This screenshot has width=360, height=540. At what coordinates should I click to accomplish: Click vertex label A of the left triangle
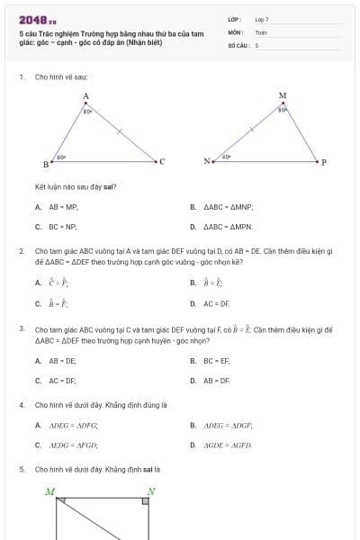(x=85, y=95)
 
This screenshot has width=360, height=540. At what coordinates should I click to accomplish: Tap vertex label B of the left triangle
(x=46, y=165)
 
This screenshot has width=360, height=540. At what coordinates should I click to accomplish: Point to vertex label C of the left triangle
(x=162, y=162)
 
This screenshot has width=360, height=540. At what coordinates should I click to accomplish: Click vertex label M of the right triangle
(x=283, y=95)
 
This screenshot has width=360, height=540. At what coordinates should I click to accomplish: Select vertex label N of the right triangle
(x=206, y=162)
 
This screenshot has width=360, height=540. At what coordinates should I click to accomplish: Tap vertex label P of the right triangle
(x=324, y=162)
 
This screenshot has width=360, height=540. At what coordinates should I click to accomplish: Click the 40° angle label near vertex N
(x=227, y=157)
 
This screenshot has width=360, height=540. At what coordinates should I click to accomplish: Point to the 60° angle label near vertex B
(x=61, y=157)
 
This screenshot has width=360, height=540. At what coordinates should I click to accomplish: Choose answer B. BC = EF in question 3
(x=216, y=360)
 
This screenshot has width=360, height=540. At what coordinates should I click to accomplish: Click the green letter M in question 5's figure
(x=50, y=491)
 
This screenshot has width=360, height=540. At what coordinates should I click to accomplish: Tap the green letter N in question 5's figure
(x=151, y=491)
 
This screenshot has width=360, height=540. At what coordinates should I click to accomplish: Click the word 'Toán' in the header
(x=261, y=31)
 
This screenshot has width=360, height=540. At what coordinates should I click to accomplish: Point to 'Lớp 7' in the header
(x=262, y=19)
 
